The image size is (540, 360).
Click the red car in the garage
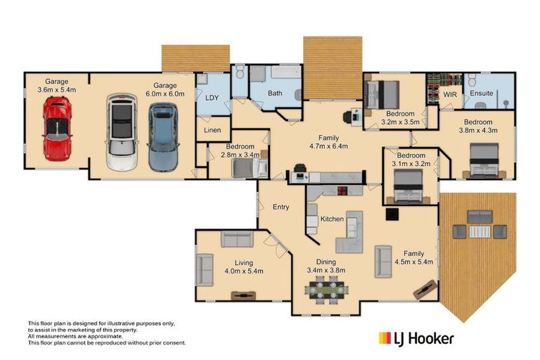coord(58,129)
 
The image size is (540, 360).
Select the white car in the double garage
coord(122,132)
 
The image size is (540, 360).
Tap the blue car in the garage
coord(163,137)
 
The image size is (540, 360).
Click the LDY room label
coord(212,98)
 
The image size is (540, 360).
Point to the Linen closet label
coord(212,130)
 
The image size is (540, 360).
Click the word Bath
coord(275,93)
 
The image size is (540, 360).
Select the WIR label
coord(450,94)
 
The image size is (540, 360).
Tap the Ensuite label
coord(482,93)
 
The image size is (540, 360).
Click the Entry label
coord(281,207)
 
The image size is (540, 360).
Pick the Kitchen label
coord(332,219)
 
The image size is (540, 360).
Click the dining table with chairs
coord(326,290)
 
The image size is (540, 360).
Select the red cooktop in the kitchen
coord(342,191)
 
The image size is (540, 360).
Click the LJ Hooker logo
coord(416,339)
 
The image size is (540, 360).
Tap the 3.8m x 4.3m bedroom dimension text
coord(478,130)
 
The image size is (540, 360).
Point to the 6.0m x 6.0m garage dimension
coord(165,94)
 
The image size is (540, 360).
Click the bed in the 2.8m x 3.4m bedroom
coord(250,168)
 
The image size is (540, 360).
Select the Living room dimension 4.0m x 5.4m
coord(244,271)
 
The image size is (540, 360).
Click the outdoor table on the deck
coord(480,231)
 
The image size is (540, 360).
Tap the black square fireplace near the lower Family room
coord(392,214)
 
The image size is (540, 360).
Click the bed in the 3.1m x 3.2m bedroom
coord(408,186)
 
